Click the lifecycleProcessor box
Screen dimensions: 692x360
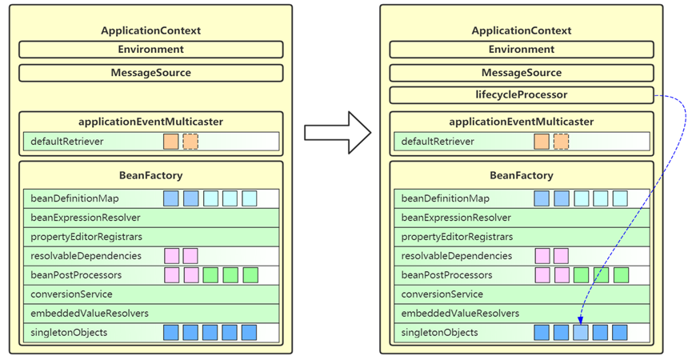click(522, 95)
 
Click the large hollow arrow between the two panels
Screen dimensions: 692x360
click(338, 132)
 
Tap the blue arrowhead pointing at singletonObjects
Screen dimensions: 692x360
click(580, 320)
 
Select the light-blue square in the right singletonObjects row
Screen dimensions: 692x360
click(580, 333)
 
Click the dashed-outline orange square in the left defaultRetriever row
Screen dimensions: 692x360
click(190, 142)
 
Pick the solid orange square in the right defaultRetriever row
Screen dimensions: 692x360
click(542, 142)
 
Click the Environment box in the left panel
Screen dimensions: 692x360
click(151, 50)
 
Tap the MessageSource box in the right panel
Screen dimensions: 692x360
click(522, 73)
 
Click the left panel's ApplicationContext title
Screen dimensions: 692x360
click(151, 30)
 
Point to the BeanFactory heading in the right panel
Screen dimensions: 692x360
click(522, 175)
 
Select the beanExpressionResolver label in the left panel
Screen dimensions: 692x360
click(85, 218)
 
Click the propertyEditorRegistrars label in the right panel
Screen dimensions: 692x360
click(457, 237)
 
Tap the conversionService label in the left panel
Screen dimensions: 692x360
click(71, 294)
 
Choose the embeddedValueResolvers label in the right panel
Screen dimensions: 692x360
click(460, 314)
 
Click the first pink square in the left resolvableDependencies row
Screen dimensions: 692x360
click(172, 256)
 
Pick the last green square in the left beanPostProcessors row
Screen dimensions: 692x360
click(250, 275)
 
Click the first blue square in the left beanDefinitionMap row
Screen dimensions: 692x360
click(170, 198)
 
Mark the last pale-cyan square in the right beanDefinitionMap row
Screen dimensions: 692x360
click(620, 198)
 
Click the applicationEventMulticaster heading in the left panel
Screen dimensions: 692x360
click(151, 122)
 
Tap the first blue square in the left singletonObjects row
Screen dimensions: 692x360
click(170, 333)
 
